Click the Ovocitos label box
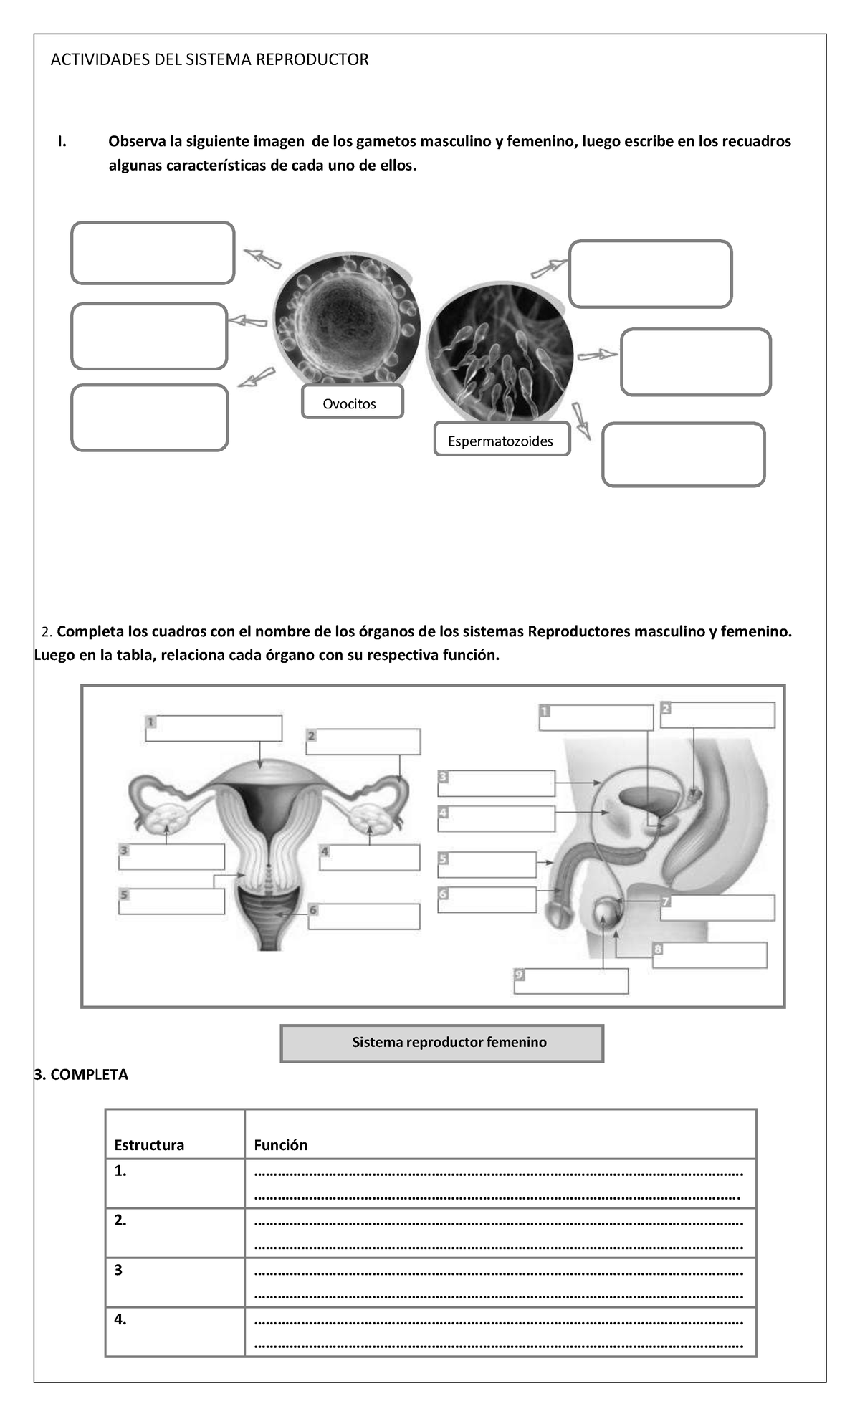click(x=352, y=403)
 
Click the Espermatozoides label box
click(x=501, y=440)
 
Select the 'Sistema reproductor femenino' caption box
click(x=441, y=1043)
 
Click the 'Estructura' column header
click(x=149, y=1144)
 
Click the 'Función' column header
click(x=281, y=1144)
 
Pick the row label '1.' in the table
click(x=120, y=1171)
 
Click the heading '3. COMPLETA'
click(x=81, y=1074)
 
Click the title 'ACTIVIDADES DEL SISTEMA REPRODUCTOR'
click(x=209, y=59)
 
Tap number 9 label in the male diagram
click(x=520, y=974)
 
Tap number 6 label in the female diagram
click(x=313, y=910)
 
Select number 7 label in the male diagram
click(x=665, y=901)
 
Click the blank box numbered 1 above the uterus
click(x=214, y=728)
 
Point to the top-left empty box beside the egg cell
click(x=153, y=253)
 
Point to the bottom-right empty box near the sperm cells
click(x=684, y=455)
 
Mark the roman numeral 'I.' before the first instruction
click(x=62, y=141)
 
